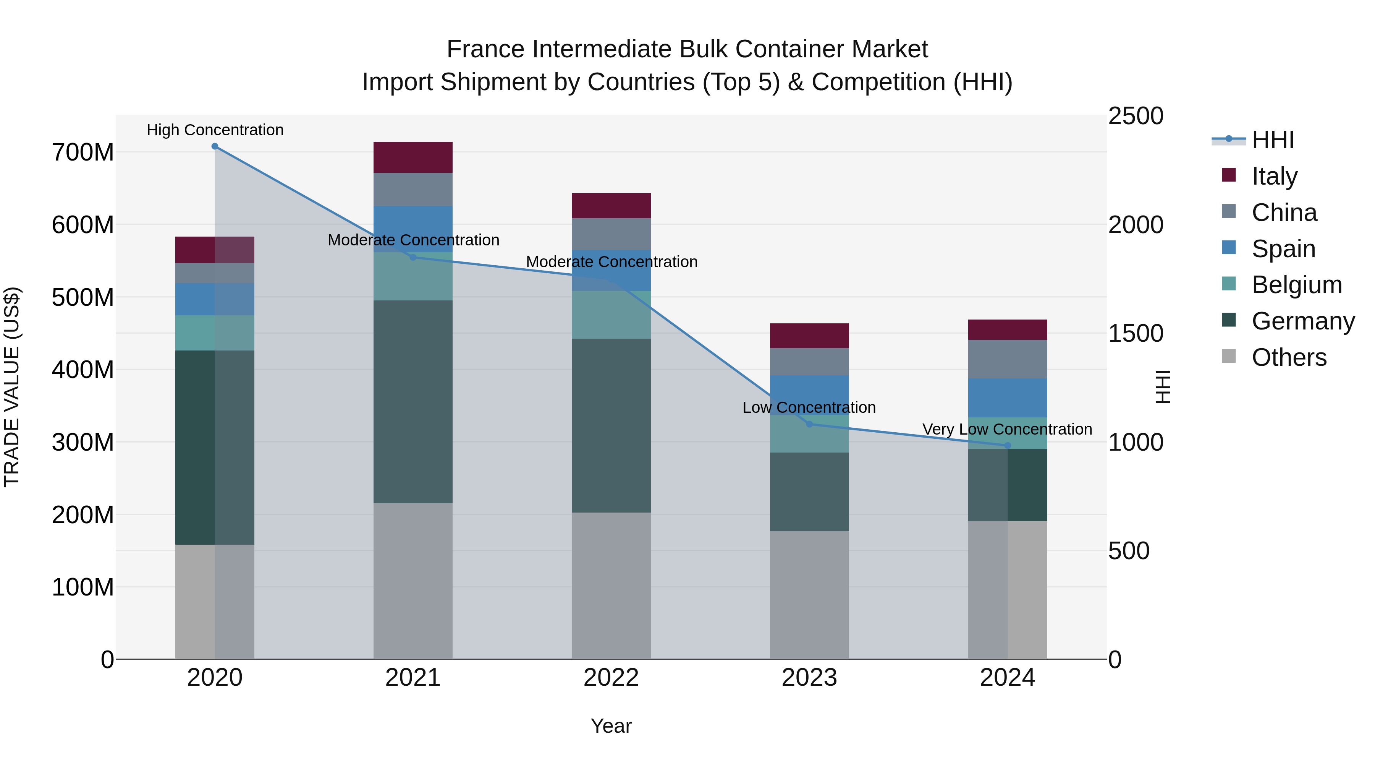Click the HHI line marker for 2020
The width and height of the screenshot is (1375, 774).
pos(215,146)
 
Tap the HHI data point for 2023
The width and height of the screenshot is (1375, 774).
pos(809,424)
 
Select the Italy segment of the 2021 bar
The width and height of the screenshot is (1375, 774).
pos(412,157)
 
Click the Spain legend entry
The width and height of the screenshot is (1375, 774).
pos(1283,249)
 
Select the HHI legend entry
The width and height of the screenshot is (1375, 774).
pos(1273,140)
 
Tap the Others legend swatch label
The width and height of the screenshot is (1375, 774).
pos(1289,357)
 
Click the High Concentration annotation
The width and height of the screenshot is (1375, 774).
pos(215,130)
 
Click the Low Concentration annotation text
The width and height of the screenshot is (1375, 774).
pos(809,407)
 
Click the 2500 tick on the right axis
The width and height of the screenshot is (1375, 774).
pos(1136,117)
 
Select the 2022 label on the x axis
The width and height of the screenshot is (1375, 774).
pos(611,678)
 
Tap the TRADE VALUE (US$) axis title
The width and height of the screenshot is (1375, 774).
pos(12,387)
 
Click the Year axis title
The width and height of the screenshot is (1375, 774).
pos(611,726)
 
